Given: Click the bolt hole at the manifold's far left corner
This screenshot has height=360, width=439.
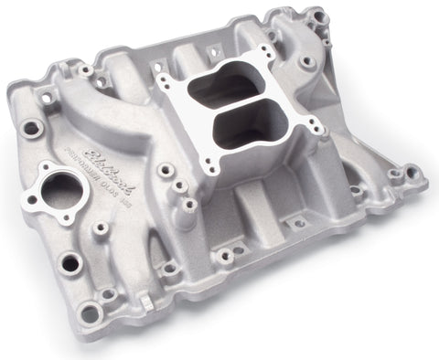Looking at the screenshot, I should (x=30, y=129).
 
